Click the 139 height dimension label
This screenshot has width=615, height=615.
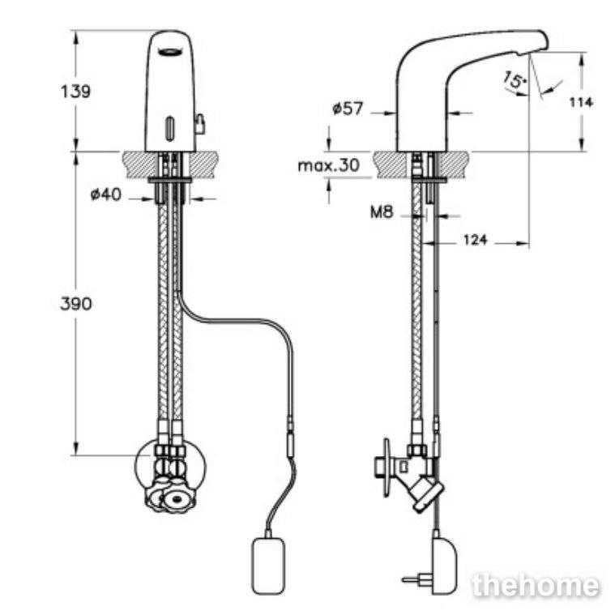click(x=75, y=92)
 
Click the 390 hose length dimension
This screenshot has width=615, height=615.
click(x=75, y=304)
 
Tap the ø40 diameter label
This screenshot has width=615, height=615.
click(x=106, y=194)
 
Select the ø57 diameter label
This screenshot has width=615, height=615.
click(x=348, y=109)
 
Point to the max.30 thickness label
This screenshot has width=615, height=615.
click(x=329, y=165)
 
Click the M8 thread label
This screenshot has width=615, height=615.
click(x=382, y=212)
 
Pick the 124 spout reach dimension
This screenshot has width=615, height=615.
click(x=476, y=239)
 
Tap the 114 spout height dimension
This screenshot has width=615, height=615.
click(x=581, y=102)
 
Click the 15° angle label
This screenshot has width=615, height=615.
click(x=515, y=80)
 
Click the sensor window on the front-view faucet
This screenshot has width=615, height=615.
click(x=170, y=128)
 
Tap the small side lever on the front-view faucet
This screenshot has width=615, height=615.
click(x=200, y=123)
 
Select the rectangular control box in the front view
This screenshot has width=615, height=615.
click(x=268, y=566)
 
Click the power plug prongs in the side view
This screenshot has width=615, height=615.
click(x=415, y=578)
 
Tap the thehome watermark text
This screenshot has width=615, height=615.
click(x=536, y=586)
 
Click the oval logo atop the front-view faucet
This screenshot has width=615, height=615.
click(x=171, y=51)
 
